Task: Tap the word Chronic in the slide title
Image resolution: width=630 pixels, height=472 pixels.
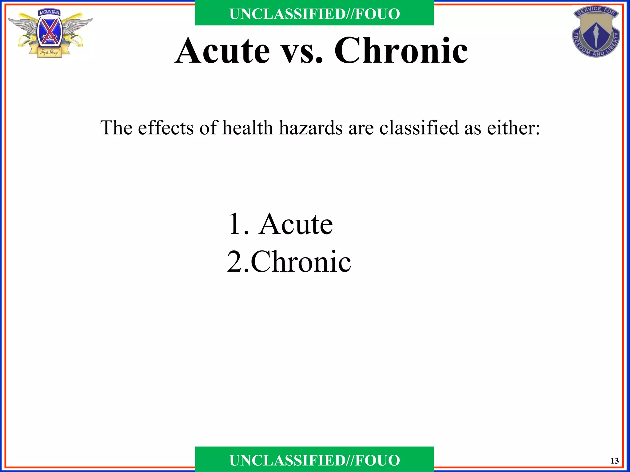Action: point(401,51)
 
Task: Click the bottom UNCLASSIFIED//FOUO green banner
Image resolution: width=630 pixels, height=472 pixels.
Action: point(314,460)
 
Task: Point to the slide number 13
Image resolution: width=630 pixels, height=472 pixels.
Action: point(615,461)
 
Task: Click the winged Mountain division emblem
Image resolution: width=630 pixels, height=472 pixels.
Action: point(49,34)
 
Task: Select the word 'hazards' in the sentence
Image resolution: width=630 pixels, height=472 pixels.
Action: point(311,128)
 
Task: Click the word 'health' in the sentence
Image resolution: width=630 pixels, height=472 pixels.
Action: point(248,128)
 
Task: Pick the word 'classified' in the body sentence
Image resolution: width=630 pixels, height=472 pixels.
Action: point(419,128)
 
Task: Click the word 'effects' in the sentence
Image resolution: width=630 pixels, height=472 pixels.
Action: point(165,128)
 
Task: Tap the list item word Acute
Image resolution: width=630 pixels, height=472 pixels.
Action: point(296,224)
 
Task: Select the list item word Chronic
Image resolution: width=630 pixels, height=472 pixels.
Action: point(301,262)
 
